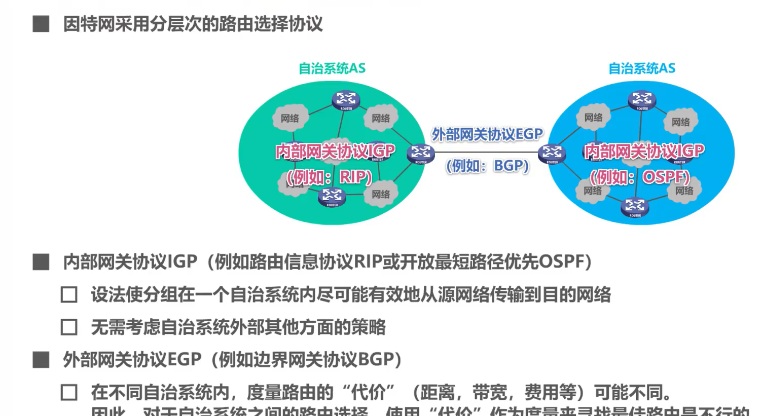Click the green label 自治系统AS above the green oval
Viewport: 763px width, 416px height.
coord(332,68)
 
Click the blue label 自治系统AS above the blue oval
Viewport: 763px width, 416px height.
coord(641,68)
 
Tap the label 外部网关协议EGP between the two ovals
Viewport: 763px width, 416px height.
coord(487,134)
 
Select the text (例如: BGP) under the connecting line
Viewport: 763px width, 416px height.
coord(487,166)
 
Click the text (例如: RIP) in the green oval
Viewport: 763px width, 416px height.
coord(330,177)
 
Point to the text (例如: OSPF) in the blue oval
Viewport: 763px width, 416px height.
coord(640,177)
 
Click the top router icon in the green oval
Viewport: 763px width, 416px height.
coord(346,99)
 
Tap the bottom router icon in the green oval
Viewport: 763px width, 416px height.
coord(332,196)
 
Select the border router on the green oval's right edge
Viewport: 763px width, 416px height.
coord(420,153)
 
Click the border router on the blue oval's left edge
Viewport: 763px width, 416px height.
coord(552,153)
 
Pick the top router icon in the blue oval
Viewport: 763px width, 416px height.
coord(642,99)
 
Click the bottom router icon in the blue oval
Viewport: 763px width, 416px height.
coord(635,206)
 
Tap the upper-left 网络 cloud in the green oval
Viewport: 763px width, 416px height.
coord(289,118)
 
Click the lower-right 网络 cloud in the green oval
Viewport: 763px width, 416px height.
coord(381,195)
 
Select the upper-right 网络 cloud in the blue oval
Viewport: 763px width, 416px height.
coord(680,122)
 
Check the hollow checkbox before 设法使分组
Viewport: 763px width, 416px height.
coord(69,295)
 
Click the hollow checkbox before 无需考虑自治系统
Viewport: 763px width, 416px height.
coord(69,327)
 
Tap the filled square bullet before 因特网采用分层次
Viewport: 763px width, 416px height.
coord(41,24)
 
